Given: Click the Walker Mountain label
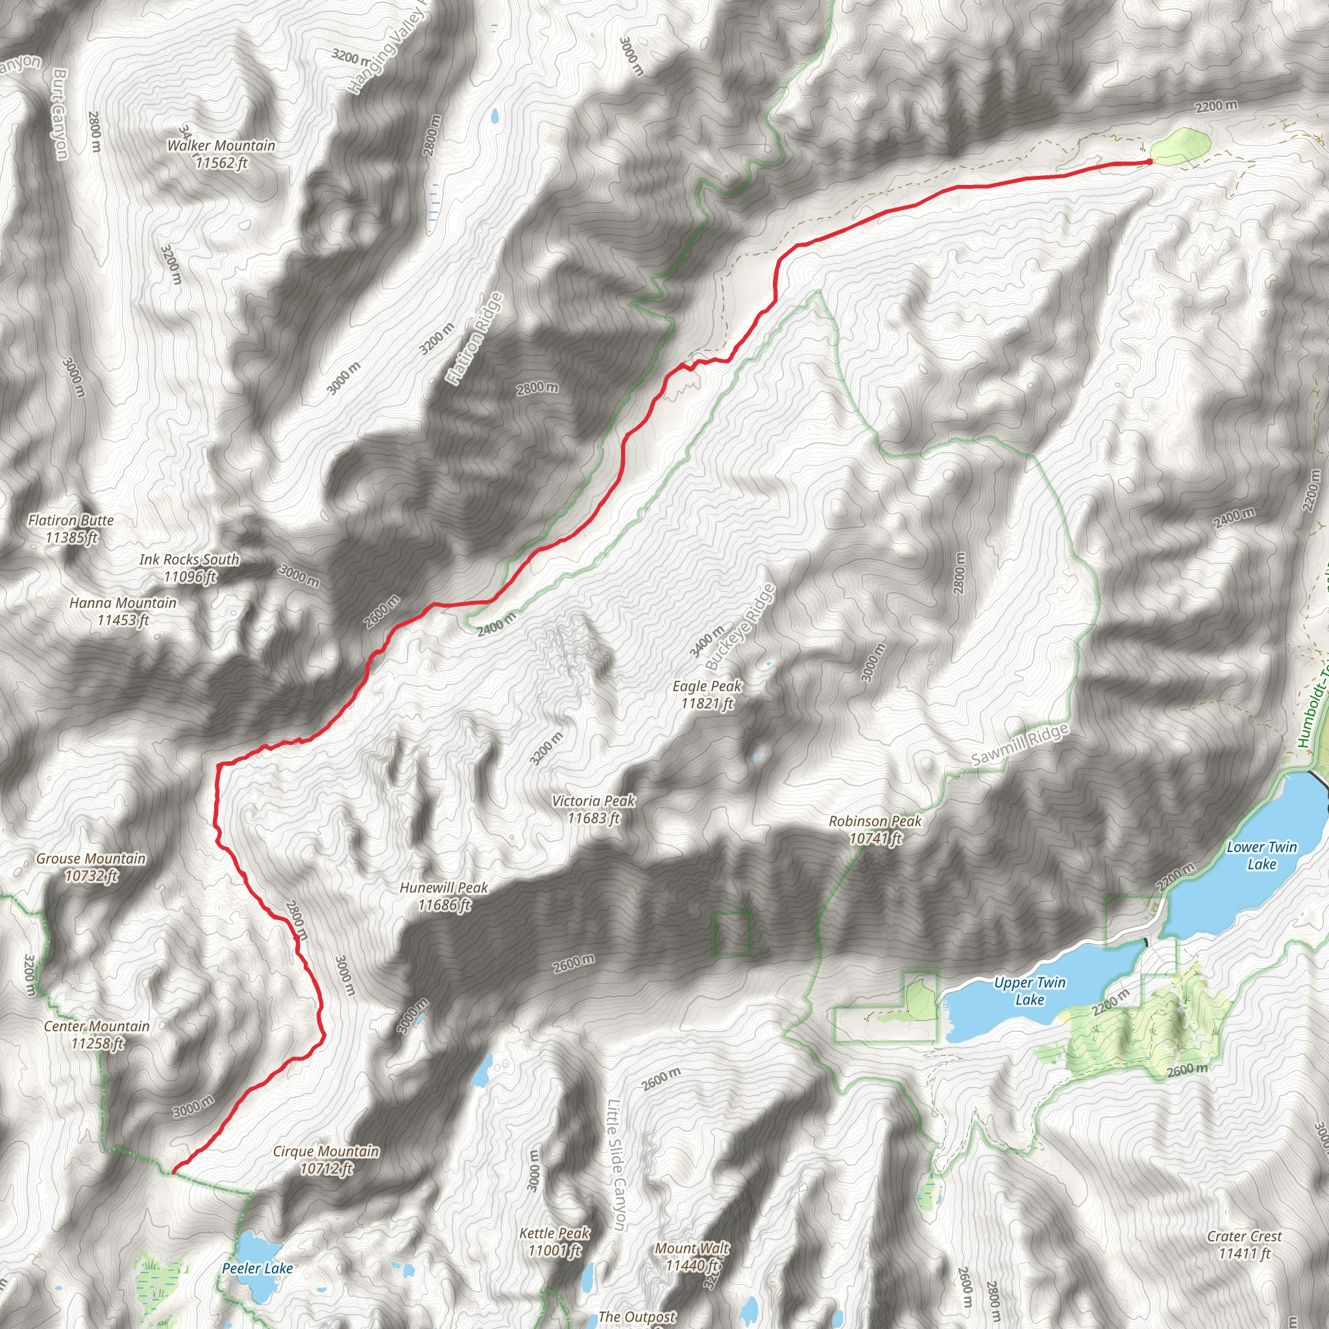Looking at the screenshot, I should coord(221,154).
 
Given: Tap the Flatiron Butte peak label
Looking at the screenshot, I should coord(71,529).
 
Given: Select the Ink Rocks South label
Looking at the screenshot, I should coord(189,568).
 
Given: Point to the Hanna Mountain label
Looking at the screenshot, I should coord(123,611).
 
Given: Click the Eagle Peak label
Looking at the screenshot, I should coord(707,695).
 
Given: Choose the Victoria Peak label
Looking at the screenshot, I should coord(594,810).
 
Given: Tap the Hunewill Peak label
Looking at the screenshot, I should coord(444,896).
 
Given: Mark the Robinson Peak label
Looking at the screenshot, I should coord(875,829).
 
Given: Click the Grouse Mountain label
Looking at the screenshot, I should coord(91,867).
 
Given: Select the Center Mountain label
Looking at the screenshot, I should coord(97,1034).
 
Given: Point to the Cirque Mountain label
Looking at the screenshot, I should coord(326,1160).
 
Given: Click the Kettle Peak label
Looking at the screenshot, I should coord(554,1241).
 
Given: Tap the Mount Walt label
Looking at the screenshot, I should coord(692,1257).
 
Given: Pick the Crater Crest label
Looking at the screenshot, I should coord(1245,1245).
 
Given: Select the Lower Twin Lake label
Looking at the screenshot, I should coord(1262,856).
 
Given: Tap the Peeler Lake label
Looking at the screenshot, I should coord(257,1269).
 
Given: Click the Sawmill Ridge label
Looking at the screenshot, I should coord(1020,745).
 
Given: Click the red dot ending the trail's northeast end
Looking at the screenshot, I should coord(1149,162).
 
